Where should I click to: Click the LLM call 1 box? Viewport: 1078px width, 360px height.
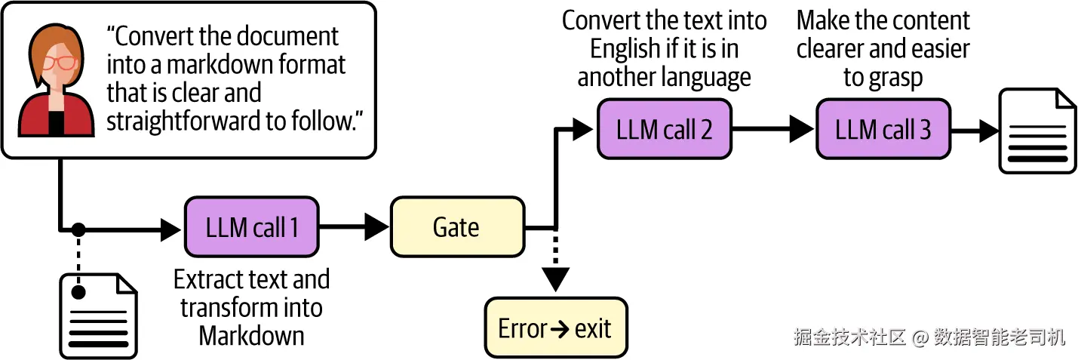(x=252, y=226)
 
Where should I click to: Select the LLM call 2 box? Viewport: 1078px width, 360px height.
(x=664, y=129)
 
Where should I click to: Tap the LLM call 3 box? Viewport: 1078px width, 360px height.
(x=883, y=129)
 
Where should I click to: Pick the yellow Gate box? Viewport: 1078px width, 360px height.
(x=457, y=226)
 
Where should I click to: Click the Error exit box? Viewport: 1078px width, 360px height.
(x=556, y=328)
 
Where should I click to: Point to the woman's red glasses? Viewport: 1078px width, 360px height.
(x=60, y=63)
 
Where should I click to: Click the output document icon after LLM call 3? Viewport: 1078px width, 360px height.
(x=1037, y=131)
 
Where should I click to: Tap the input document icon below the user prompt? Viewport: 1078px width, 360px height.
(x=98, y=316)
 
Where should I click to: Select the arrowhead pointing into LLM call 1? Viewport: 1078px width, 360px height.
(x=170, y=229)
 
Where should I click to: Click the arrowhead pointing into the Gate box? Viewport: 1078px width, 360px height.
(x=376, y=226)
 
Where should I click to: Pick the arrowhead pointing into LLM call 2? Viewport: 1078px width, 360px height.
(x=582, y=129)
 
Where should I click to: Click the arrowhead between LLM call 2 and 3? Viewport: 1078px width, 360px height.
(x=802, y=129)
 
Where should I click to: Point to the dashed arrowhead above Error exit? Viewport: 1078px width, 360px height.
(x=556, y=280)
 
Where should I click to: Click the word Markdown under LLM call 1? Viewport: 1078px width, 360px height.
(x=252, y=336)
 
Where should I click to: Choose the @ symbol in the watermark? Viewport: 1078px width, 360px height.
(x=920, y=337)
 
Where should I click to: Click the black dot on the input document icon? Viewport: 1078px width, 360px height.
(x=78, y=291)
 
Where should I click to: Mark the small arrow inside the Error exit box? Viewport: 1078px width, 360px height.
(x=560, y=329)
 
